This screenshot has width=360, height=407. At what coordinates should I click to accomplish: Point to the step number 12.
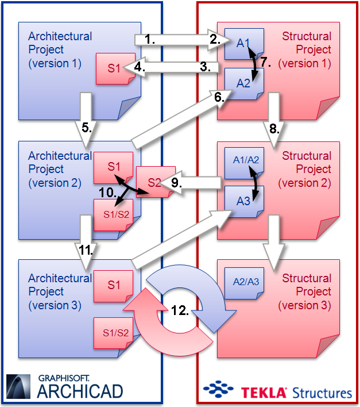pyautogui.click(x=181, y=310)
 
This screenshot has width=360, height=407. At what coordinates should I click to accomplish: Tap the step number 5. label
pyautogui.click(x=87, y=128)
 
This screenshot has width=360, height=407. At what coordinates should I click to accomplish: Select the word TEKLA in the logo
pyautogui.click(x=263, y=393)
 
